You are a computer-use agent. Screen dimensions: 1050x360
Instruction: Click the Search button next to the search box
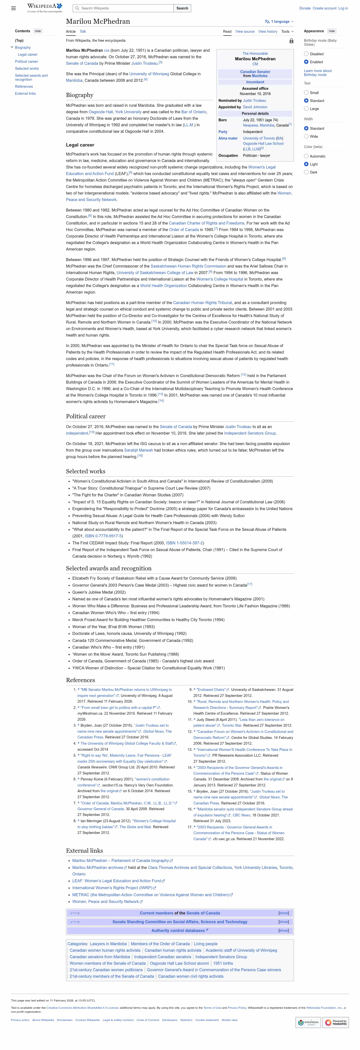[182, 8]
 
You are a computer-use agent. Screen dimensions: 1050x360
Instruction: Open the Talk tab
[83, 32]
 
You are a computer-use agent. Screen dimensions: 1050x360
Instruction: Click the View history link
[267, 32]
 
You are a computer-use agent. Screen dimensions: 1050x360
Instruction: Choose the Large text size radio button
[306, 109]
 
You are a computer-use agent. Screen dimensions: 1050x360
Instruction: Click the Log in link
[343, 8]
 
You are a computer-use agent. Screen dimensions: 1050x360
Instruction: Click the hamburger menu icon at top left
[13, 8]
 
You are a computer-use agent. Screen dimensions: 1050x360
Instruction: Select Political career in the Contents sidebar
[26, 62]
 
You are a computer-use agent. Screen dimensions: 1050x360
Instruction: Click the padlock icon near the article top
[291, 41]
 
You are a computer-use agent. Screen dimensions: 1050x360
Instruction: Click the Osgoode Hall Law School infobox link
[263, 144]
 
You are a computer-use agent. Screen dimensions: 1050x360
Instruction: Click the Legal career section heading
[80, 145]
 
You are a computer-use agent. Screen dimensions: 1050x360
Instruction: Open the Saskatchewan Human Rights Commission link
[188, 266]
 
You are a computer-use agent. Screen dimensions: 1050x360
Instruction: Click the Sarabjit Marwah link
[138, 450]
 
